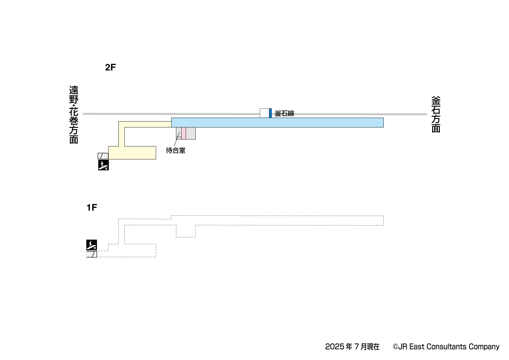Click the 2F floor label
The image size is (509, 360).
pyautogui.click(x=110, y=67)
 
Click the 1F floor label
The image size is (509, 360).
pyautogui.click(x=92, y=208)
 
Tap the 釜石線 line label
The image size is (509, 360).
pyautogui.click(x=284, y=114)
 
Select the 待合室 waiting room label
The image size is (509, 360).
pyautogui.click(x=175, y=151)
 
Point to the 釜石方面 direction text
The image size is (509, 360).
pyautogui.click(x=436, y=114)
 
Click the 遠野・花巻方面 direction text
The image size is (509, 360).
pyautogui.click(x=73, y=115)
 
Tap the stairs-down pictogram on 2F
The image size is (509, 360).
pyautogui.click(x=104, y=165)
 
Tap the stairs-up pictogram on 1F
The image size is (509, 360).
pyautogui.click(x=91, y=245)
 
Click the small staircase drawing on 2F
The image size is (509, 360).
pyautogui.click(x=103, y=156)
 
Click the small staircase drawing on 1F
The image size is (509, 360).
pyautogui.click(x=92, y=254)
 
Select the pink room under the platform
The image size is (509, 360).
pyautogui.click(x=184, y=133)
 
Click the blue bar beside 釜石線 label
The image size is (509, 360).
pyautogui.click(x=270, y=113)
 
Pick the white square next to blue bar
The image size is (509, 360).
pyautogui.click(x=264, y=113)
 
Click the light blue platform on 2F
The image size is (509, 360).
pyautogui.click(x=277, y=122)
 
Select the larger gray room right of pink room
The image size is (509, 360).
pyautogui.click(x=191, y=133)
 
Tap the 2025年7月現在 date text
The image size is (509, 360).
pyautogui.click(x=352, y=347)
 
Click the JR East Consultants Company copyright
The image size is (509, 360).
pyautogui.click(x=446, y=347)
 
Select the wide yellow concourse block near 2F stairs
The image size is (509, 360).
pyautogui.click(x=132, y=153)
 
